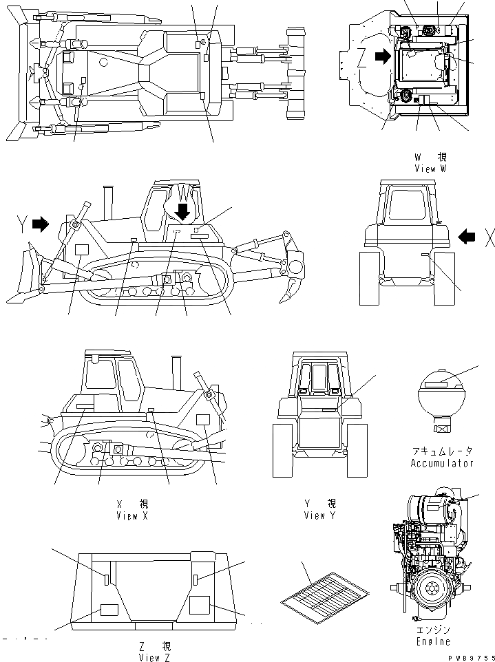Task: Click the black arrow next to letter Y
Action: [x=42, y=223]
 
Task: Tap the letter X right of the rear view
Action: [x=489, y=238]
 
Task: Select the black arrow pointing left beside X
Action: [x=467, y=237]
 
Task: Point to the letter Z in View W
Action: [x=362, y=58]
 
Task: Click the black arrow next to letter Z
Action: [x=381, y=58]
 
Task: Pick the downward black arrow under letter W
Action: [x=183, y=209]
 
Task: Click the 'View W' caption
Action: [x=432, y=168]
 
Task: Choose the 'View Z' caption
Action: [x=157, y=657]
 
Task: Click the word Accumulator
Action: [x=443, y=463]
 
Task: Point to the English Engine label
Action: [x=433, y=641]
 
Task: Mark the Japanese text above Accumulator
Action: [x=443, y=451]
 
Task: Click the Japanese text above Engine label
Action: [x=433, y=630]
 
